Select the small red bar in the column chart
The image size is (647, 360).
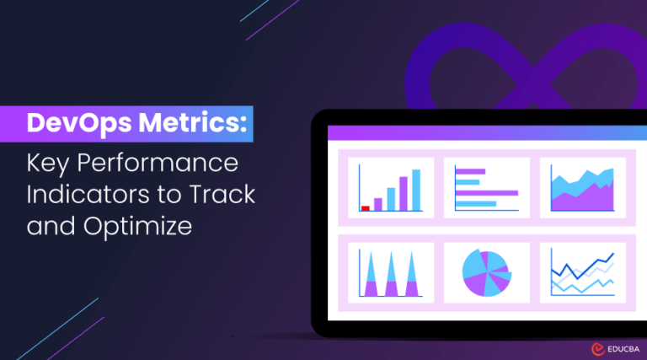(366, 207)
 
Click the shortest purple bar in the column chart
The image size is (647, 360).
(378, 203)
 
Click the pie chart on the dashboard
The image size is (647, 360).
(487, 271)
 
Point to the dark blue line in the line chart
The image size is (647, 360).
(581, 268)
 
